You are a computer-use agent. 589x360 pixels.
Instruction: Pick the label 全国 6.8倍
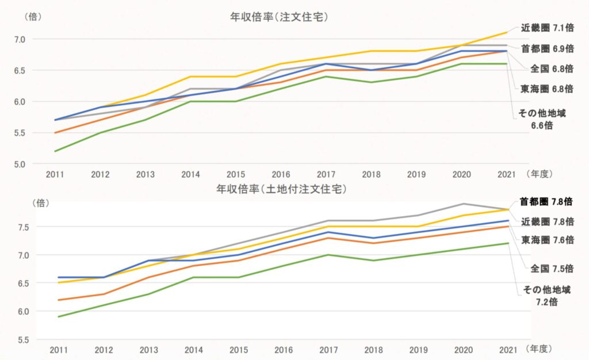[551, 68]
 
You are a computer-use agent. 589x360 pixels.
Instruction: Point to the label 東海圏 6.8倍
[547, 89]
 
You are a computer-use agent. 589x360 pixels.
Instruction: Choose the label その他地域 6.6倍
[542, 119]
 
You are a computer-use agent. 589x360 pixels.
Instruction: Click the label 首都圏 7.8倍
[546, 202]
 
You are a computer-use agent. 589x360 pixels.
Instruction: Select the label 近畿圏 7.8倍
[547, 221]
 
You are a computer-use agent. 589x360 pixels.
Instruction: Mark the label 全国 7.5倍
[552, 268]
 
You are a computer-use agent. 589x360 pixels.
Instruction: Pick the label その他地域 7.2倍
[542, 295]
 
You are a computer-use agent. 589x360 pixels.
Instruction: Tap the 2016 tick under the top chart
[280, 174]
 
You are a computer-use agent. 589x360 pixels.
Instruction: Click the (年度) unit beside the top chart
[541, 174]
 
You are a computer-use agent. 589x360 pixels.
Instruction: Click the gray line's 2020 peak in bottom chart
[464, 204]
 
